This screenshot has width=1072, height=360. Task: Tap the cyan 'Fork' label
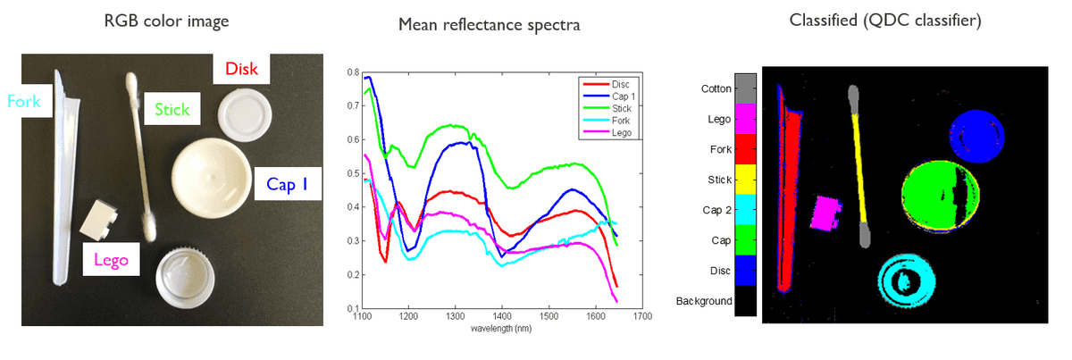coord(24,102)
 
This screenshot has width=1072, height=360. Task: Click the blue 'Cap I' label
coord(287,185)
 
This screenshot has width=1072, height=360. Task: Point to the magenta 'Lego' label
coord(111,262)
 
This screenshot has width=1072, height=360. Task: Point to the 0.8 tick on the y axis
coord(353,72)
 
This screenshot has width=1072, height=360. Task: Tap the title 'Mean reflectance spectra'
coord(489,25)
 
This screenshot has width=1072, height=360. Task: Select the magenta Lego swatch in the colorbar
coord(745,118)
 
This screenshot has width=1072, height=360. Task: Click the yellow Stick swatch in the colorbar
coord(745,180)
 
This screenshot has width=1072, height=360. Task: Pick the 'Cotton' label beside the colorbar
coord(716,88)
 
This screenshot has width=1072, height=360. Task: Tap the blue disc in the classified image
coord(970,133)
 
